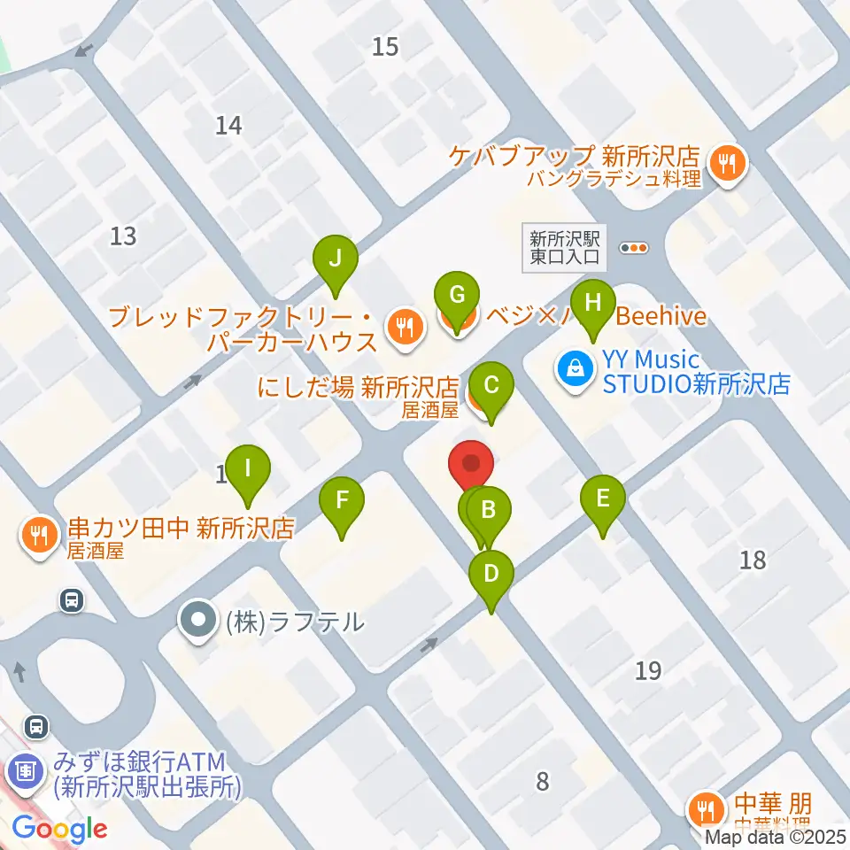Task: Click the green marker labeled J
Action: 335,259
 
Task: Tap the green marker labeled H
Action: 593,304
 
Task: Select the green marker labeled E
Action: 602,499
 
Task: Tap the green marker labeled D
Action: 491,575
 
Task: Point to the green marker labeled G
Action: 457,296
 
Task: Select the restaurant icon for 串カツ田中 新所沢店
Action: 37,535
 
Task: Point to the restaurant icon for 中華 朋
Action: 706,808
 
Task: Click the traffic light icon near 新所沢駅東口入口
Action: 634,249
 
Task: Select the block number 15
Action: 385,46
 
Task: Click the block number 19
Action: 648,670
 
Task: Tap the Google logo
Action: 59,829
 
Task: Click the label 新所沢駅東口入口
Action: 566,248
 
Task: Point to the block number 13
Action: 124,236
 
